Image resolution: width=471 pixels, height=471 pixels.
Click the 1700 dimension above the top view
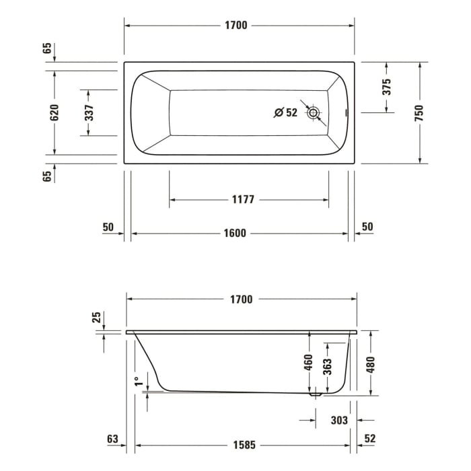pyautogui.click(x=236, y=26)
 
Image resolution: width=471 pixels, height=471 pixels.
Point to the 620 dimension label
pyautogui.click(x=55, y=112)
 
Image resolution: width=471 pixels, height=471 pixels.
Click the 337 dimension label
pyautogui.click(x=89, y=112)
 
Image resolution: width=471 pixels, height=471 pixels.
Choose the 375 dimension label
pyautogui.click(x=386, y=87)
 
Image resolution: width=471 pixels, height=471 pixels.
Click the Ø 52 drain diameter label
pyautogui.click(x=285, y=113)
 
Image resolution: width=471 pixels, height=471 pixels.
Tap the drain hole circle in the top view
pyautogui.click(x=313, y=113)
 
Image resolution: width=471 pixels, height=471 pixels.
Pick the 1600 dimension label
pyautogui.click(x=235, y=233)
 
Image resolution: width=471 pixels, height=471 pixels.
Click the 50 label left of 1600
pyautogui.click(x=108, y=227)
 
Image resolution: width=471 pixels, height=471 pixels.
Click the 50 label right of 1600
pyautogui.click(x=367, y=227)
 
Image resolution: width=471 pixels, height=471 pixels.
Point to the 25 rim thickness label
pyautogui.click(x=96, y=316)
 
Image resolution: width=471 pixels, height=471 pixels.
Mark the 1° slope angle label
pyautogui.click(x=139, y=382)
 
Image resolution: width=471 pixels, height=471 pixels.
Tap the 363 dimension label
pyautogui.click(x=328, y=366)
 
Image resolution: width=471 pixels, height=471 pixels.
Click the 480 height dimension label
pyautogui.click(x=369, y=363)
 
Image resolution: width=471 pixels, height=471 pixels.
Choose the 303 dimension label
pyautogui.click(x=340, y=421)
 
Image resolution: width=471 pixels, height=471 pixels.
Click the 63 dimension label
pyautogui.click(x=113, y=439)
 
